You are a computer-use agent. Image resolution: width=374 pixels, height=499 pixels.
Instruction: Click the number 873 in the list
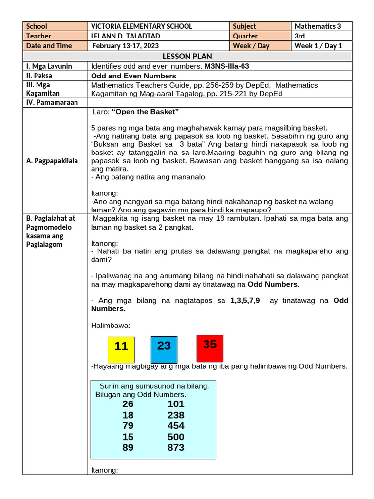[x=176, y=447]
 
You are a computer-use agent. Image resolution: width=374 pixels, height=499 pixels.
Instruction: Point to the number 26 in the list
[x=128, y=404]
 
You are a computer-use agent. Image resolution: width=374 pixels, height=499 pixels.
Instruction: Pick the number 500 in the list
[x=176, y=437]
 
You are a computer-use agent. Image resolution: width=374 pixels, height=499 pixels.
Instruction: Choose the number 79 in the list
[x=128, y=426]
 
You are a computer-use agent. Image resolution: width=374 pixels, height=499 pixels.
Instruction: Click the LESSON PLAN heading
[x=187, y=56]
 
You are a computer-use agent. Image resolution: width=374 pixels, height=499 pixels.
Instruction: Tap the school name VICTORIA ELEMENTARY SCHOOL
[x=142, y=26]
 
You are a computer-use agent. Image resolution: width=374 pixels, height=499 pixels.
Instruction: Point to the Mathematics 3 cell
[x=318, y=26]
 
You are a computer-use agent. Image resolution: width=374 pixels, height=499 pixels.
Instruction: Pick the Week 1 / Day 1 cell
[x=318, y=46]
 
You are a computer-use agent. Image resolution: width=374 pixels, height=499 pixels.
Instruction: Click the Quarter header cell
[x=245, y=36]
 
